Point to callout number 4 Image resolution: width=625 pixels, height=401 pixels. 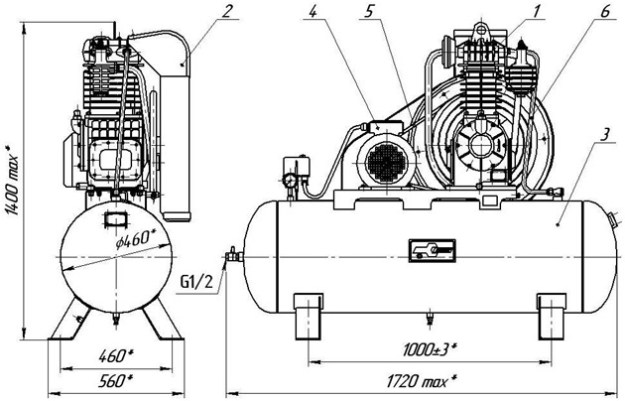312,12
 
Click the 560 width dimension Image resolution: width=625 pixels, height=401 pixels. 117,378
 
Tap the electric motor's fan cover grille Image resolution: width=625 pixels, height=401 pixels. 385,160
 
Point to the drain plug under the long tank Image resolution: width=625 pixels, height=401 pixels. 429,318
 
